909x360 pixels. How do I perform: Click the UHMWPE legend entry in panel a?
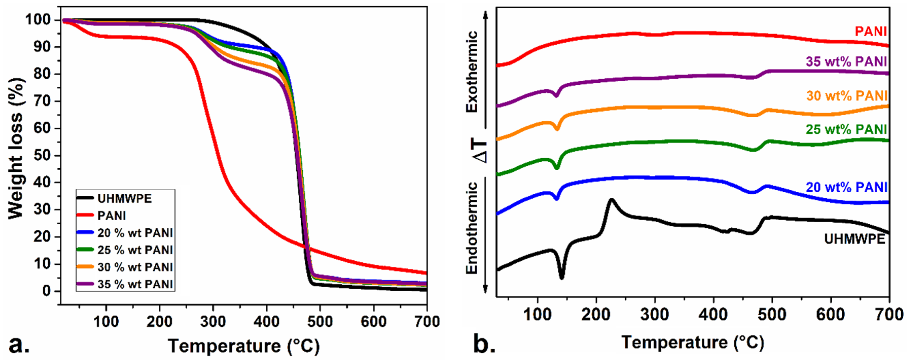coord(124,199)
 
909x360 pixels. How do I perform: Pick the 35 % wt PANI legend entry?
coord(135,284)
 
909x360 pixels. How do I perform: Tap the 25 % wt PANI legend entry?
coord(135,250)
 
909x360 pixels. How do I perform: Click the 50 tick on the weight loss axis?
coord(42,156)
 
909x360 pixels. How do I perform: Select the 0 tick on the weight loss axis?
coord(47,291)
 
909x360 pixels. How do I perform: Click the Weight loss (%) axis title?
coord(16,148)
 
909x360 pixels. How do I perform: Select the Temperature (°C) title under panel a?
coord(244,346)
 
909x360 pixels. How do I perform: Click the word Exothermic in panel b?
coord(472,72)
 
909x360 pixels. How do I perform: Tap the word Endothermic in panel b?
coord(472,228)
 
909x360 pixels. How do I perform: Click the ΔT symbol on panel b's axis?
coord(480,152)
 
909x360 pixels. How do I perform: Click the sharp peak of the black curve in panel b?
coord(611,200)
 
